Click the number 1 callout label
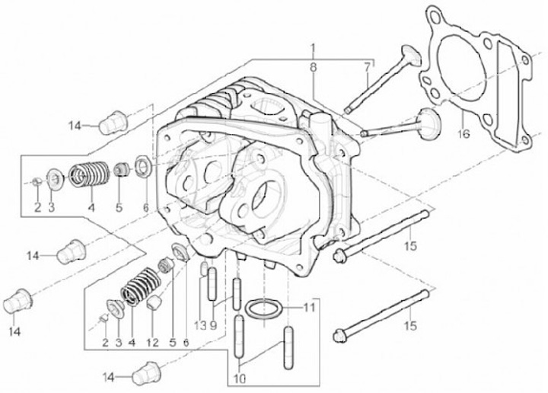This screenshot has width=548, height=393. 313,48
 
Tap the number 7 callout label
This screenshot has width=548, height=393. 367,65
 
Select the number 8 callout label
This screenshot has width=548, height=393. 312,68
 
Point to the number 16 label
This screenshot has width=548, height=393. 464,135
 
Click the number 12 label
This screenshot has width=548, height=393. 152,343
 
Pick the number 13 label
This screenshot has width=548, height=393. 199,325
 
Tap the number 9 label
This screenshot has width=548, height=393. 214,325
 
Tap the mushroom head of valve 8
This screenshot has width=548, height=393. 427,121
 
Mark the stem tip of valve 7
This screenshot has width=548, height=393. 347,110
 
